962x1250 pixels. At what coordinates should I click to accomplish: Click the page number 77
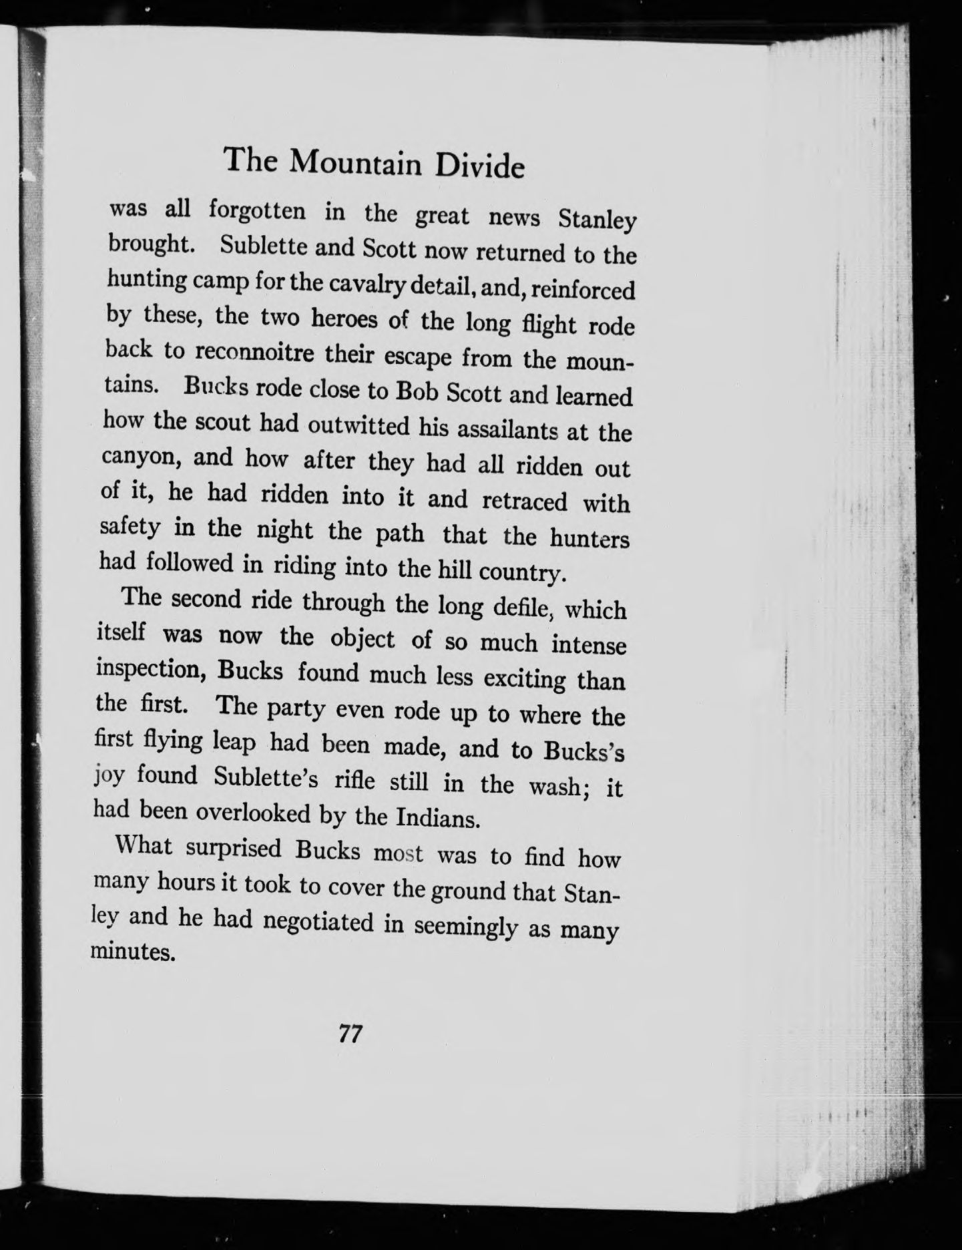[x=350, y=1034]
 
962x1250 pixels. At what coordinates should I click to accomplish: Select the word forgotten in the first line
[x=257, y=210]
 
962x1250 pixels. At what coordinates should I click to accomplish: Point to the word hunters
[x=589, y=538]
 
